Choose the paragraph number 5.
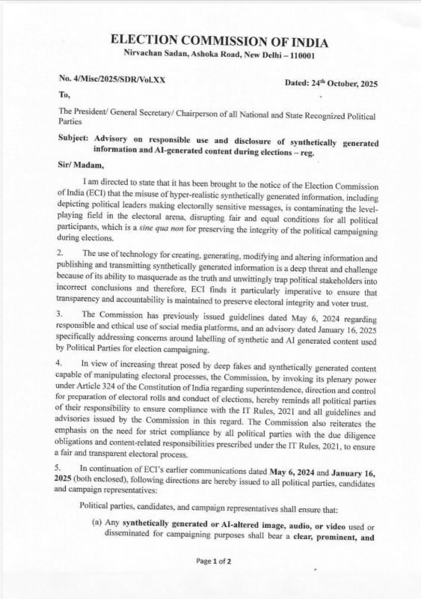pyautogui.click(x=61, y=467)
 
